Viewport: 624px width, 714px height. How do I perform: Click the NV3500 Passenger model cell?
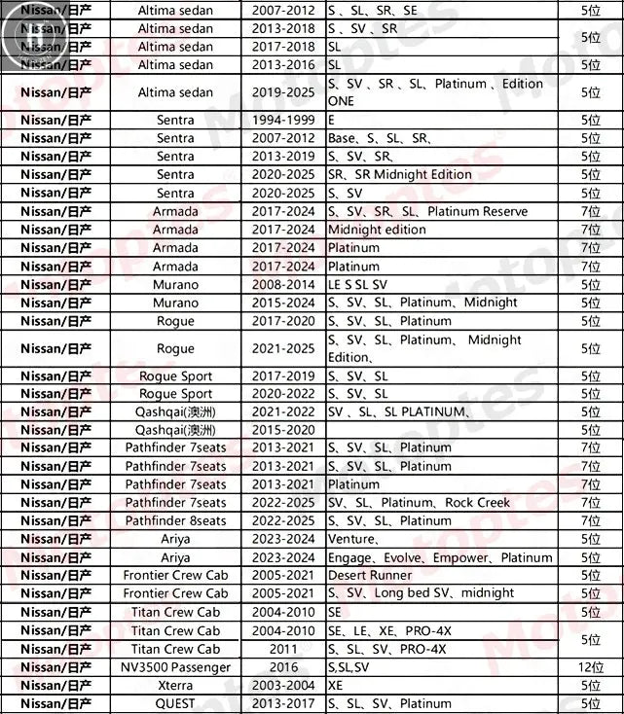point(175,667)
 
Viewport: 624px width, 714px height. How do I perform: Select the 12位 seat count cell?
point(590,667)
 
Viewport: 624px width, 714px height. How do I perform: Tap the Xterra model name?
point(175,686)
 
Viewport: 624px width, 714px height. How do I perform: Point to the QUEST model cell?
point(175,703)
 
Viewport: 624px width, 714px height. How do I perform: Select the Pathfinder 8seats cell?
point(175,520)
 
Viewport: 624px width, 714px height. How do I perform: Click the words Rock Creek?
point(477,503)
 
